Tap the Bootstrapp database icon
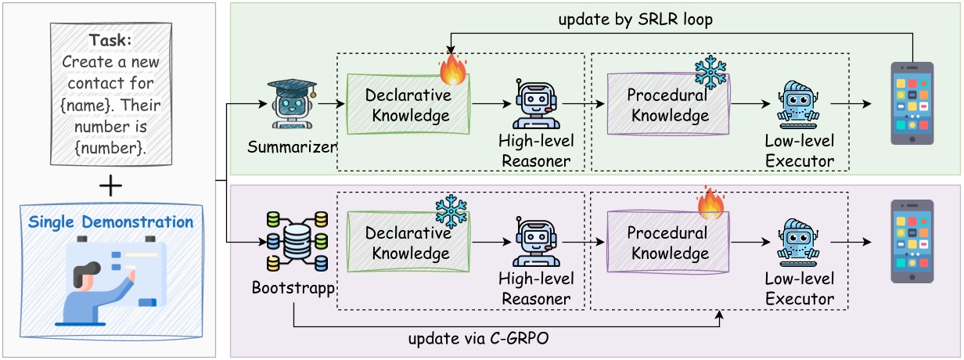point(293,241)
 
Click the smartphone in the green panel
point(912,104)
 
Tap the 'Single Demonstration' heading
point(110,221)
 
